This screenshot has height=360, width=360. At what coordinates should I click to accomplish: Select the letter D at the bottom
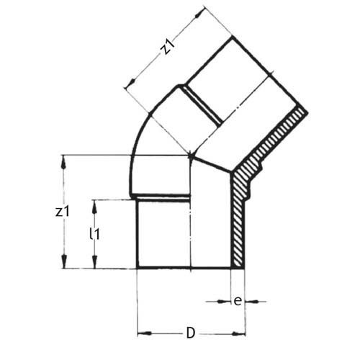tap(190, 333)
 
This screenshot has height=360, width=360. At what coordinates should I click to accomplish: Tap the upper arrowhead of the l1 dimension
tap(94, 204)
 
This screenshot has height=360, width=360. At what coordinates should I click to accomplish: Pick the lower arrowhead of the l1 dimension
tap(94, 264)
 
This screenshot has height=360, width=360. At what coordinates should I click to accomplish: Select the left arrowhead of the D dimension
tap(142, 333)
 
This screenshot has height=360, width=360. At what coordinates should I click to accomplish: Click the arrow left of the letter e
tap(225, 301)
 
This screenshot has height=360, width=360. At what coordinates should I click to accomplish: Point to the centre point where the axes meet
tap(190, 154)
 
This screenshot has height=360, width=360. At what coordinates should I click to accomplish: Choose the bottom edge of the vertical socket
tap(187, 269)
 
